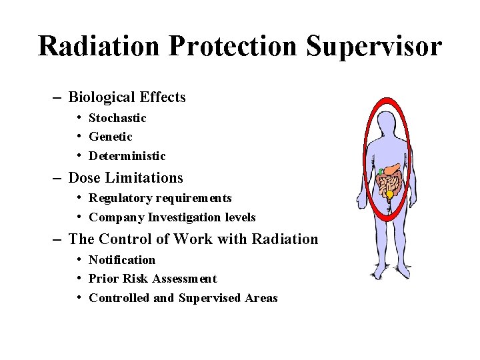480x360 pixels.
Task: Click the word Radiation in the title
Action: click(99, 46)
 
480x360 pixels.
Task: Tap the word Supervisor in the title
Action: click(374, 46)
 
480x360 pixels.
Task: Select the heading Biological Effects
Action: click(127, 97)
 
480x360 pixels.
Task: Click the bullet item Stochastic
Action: click(117, 118)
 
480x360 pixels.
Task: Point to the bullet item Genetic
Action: click(111, 137)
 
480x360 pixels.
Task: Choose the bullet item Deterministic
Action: click(127, 156)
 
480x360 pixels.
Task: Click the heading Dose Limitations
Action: click(125, 178)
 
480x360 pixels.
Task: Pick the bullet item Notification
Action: click(121, 260)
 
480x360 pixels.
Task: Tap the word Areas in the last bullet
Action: click(261, 298)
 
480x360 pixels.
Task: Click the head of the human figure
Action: click(387, 123)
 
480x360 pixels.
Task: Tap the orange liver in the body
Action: click(393, 169)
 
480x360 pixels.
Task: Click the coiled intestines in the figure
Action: click(391, 181)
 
